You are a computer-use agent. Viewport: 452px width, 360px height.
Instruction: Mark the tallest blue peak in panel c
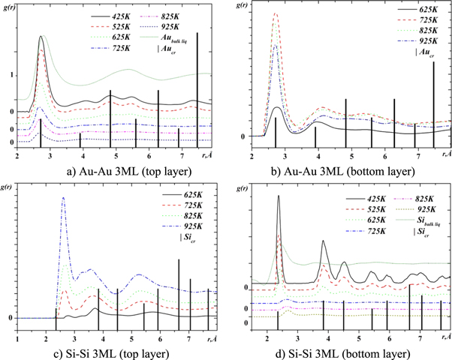point(64,198)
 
